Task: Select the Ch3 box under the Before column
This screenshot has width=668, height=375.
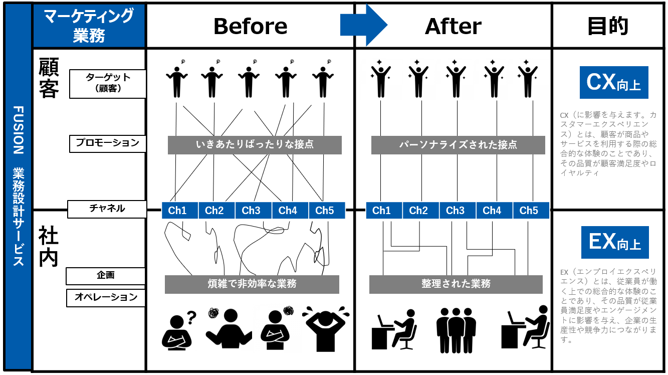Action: (x=251, y=211)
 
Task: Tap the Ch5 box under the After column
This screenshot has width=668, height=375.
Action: (x=529, y=211)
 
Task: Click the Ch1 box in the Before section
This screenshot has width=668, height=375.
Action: (x=177, y=211)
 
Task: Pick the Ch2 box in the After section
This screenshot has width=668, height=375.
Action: (x=418, y=211)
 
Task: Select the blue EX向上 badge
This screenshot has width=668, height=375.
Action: (x=614, y=242)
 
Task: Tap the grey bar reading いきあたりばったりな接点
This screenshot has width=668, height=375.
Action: (x=255, y=145)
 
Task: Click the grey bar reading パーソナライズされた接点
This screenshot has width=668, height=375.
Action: (x=458, y=145)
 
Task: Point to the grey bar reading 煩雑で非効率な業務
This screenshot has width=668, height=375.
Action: (x=252, y=284)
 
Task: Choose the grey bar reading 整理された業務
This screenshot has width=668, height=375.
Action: (x=456, y=284)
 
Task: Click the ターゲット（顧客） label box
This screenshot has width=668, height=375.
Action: (x=108, y=84)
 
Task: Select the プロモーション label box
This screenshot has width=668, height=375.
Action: (x=108, y=143)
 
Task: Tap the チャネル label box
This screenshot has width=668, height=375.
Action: (x=107, y=209)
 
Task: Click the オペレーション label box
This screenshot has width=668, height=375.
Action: (x=106, y=298)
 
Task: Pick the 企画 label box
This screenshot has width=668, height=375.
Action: (x=106, y=276)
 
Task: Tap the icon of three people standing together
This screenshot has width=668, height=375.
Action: (x=456, y=330)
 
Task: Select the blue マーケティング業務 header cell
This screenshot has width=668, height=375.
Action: (x=89, y=26)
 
